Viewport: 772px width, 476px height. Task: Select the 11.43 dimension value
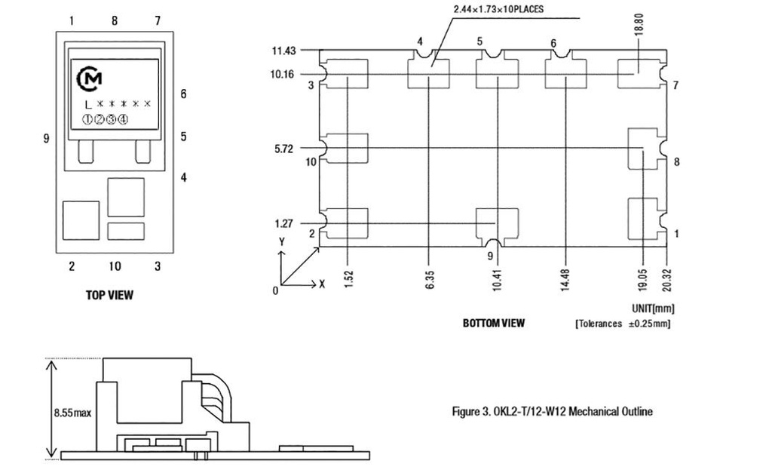284,51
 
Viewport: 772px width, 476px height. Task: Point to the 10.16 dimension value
284,75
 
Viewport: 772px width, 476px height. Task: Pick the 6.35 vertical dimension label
428,278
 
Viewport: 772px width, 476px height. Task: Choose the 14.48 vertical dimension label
565,278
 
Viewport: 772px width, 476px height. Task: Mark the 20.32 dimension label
666,278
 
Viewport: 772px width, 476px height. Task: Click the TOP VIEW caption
109,295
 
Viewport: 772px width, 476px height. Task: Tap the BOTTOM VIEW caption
494,323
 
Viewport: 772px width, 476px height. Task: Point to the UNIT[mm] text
652,309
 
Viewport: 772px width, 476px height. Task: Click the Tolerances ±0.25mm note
622,324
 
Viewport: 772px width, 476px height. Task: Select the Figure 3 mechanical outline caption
552,411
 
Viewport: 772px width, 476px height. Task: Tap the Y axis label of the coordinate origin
281,242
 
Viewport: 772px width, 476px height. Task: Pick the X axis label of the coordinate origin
323,284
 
